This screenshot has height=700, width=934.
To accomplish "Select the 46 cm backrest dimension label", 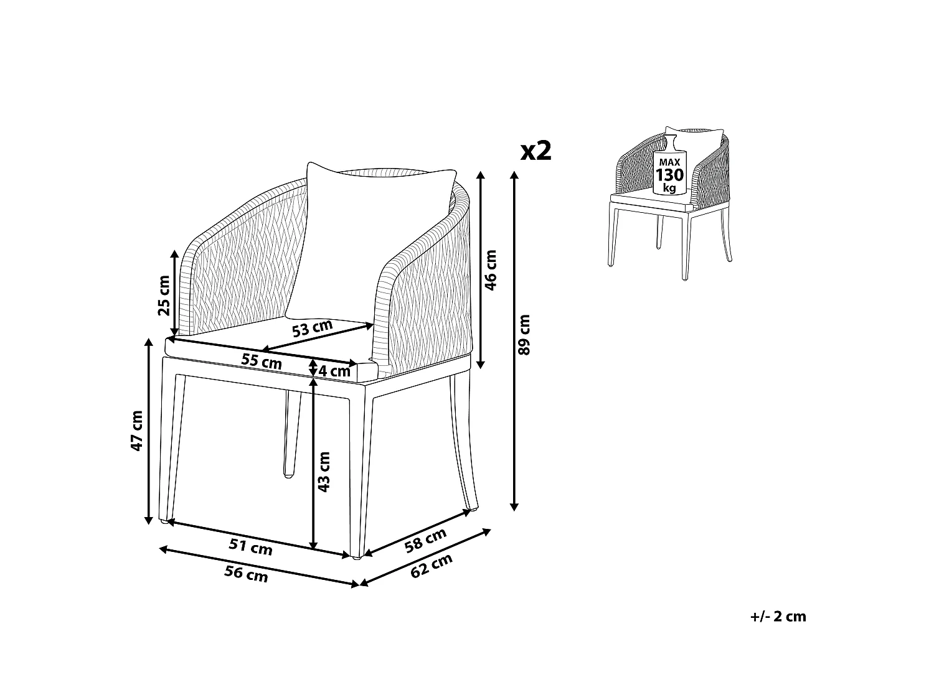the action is point(491,270).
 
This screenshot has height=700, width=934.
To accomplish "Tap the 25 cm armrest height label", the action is point(164,296).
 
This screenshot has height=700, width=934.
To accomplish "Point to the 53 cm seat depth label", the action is point(312,328).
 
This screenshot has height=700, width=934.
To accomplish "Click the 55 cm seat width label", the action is point(262,362).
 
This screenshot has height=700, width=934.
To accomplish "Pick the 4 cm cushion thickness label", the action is point(334,371).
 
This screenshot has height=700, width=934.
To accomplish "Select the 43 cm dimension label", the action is point(324,472).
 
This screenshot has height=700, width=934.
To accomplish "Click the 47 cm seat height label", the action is point(136,431).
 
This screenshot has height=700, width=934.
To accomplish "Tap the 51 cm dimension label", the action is point(251,547).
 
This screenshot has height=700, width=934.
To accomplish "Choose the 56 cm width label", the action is point(247,574).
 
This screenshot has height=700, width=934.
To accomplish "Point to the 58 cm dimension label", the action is point(425,541).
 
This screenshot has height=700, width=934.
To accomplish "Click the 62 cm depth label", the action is point(431,567).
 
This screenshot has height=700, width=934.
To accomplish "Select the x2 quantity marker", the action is point(536,151).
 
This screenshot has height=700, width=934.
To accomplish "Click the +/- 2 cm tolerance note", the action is point(778,617).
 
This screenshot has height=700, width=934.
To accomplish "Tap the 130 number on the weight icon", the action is point(669,175).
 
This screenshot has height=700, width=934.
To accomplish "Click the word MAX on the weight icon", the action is point(669,162).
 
